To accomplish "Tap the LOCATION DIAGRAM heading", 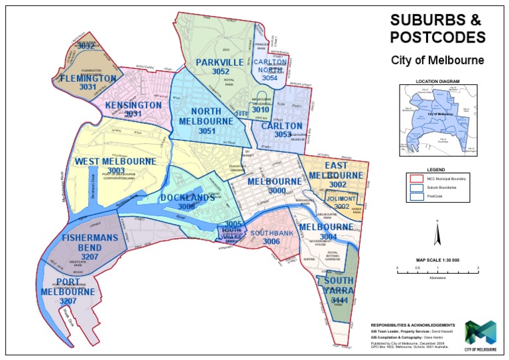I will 436,82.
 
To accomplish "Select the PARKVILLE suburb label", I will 221,62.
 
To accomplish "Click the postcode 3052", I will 221,72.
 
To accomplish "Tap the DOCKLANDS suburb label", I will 186,198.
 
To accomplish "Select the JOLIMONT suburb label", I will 342,198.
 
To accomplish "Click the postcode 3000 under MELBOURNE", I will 273,190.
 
